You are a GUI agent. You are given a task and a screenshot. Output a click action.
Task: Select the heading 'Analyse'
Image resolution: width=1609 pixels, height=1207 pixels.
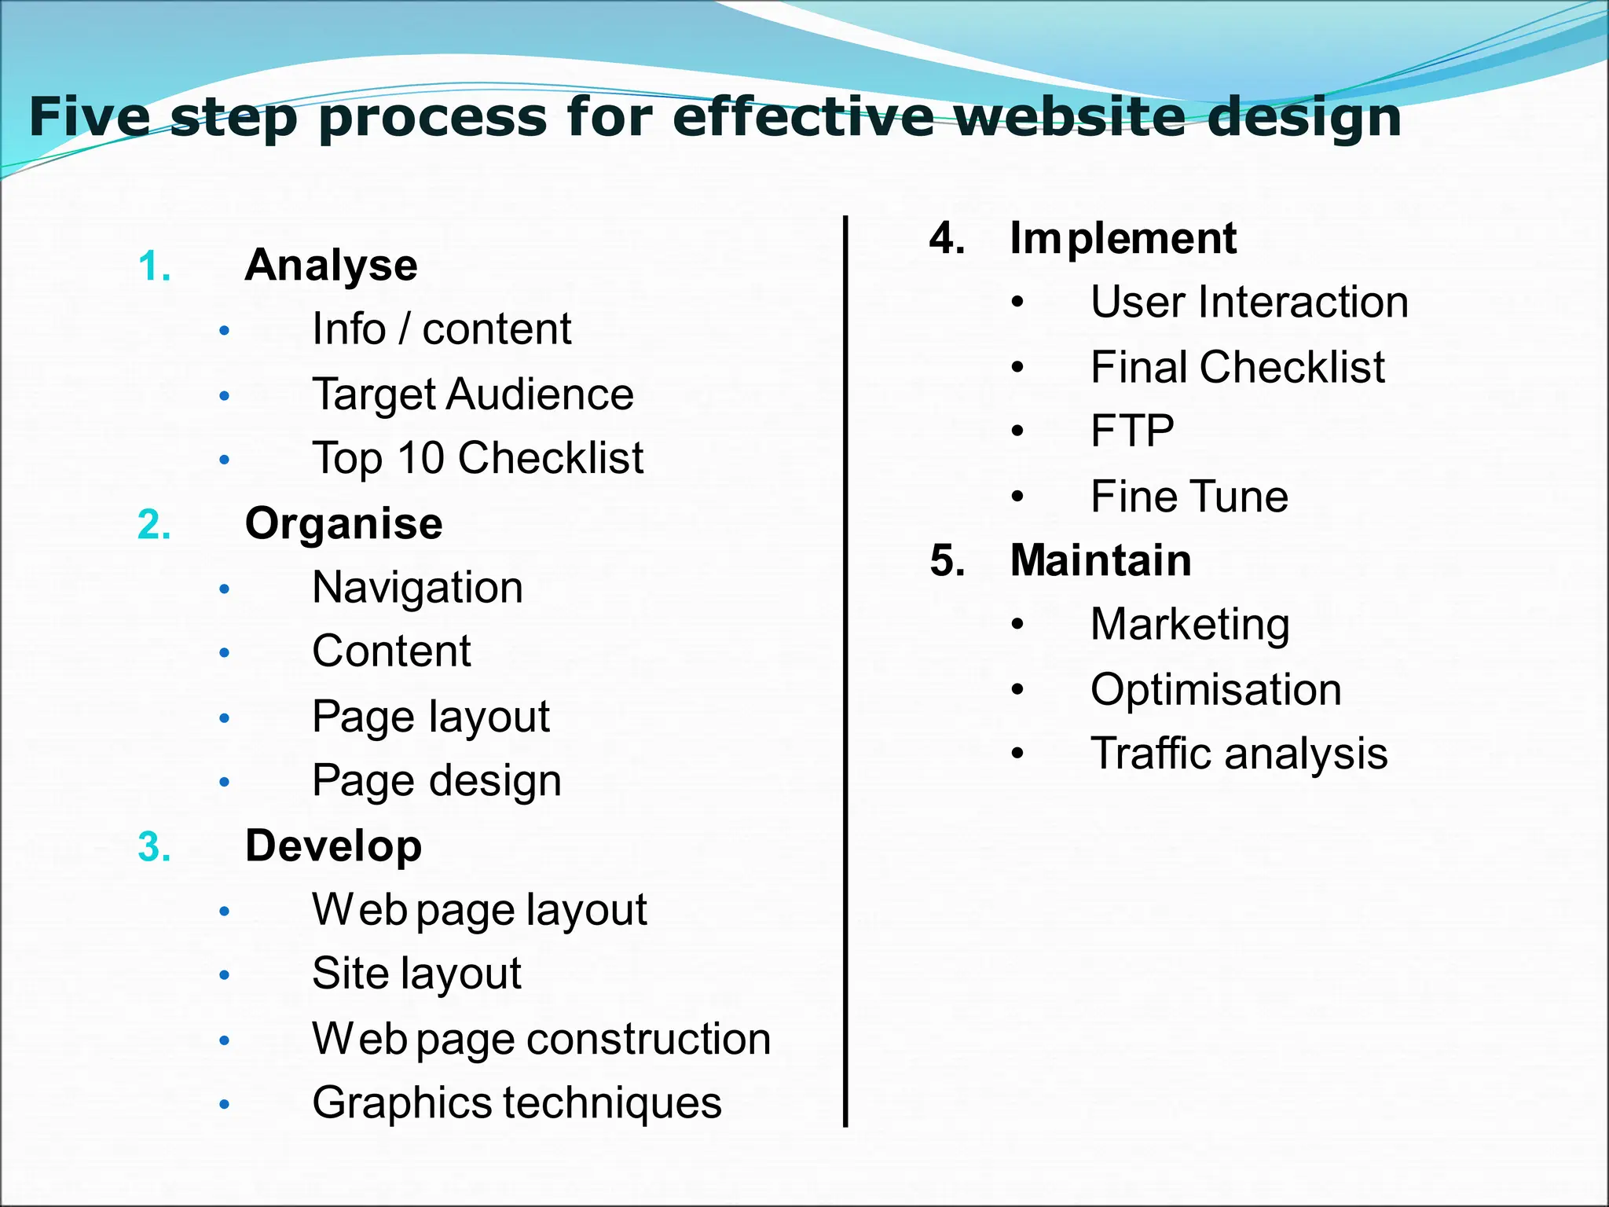(x=331, y=265)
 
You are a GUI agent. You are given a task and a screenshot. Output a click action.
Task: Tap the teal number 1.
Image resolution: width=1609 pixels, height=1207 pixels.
(x=153, y=266)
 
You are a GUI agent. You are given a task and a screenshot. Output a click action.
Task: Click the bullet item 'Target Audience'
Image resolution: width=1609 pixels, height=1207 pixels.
(x=472, y=394)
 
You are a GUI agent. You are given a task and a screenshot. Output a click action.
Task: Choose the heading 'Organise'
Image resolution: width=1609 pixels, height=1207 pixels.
(x=343, y=523)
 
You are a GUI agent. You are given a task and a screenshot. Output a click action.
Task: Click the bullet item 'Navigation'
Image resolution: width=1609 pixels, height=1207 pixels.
(x=417, y=588)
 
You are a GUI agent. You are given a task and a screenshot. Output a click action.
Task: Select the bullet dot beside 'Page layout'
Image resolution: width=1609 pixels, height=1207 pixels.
(x=225, y=717)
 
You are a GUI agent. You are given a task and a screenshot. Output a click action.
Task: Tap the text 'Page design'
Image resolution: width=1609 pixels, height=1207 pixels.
(x=436, y=781)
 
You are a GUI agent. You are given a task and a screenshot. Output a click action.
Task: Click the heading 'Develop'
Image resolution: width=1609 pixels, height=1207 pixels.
(x=333, y=846)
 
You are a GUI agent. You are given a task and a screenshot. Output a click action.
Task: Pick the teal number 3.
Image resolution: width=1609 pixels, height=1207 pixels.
(x=153, y=848)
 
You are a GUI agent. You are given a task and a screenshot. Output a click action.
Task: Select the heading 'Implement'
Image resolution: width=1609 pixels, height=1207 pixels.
(x=1123, y=238)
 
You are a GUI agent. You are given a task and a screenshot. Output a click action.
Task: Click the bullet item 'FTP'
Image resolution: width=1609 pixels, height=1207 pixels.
(x=1132, y=431)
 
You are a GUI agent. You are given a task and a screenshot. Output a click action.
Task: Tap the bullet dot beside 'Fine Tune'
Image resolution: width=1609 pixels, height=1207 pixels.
(x=1018, y=497)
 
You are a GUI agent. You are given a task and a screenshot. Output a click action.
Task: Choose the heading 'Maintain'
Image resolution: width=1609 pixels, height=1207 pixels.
(x=1100, y=560)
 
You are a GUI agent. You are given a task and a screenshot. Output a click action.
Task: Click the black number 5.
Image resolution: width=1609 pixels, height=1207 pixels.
(x=947, y=561)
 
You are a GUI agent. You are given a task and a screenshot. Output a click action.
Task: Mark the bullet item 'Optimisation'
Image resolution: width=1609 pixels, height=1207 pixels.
(x=1215, y=690)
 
